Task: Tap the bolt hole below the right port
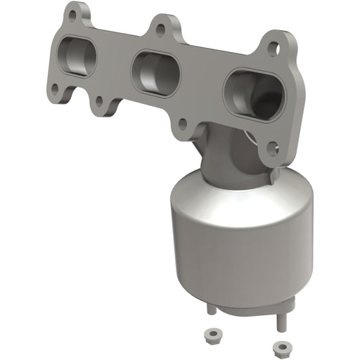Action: click(x=273, y=148)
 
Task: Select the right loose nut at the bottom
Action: click(x=283, y=328)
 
